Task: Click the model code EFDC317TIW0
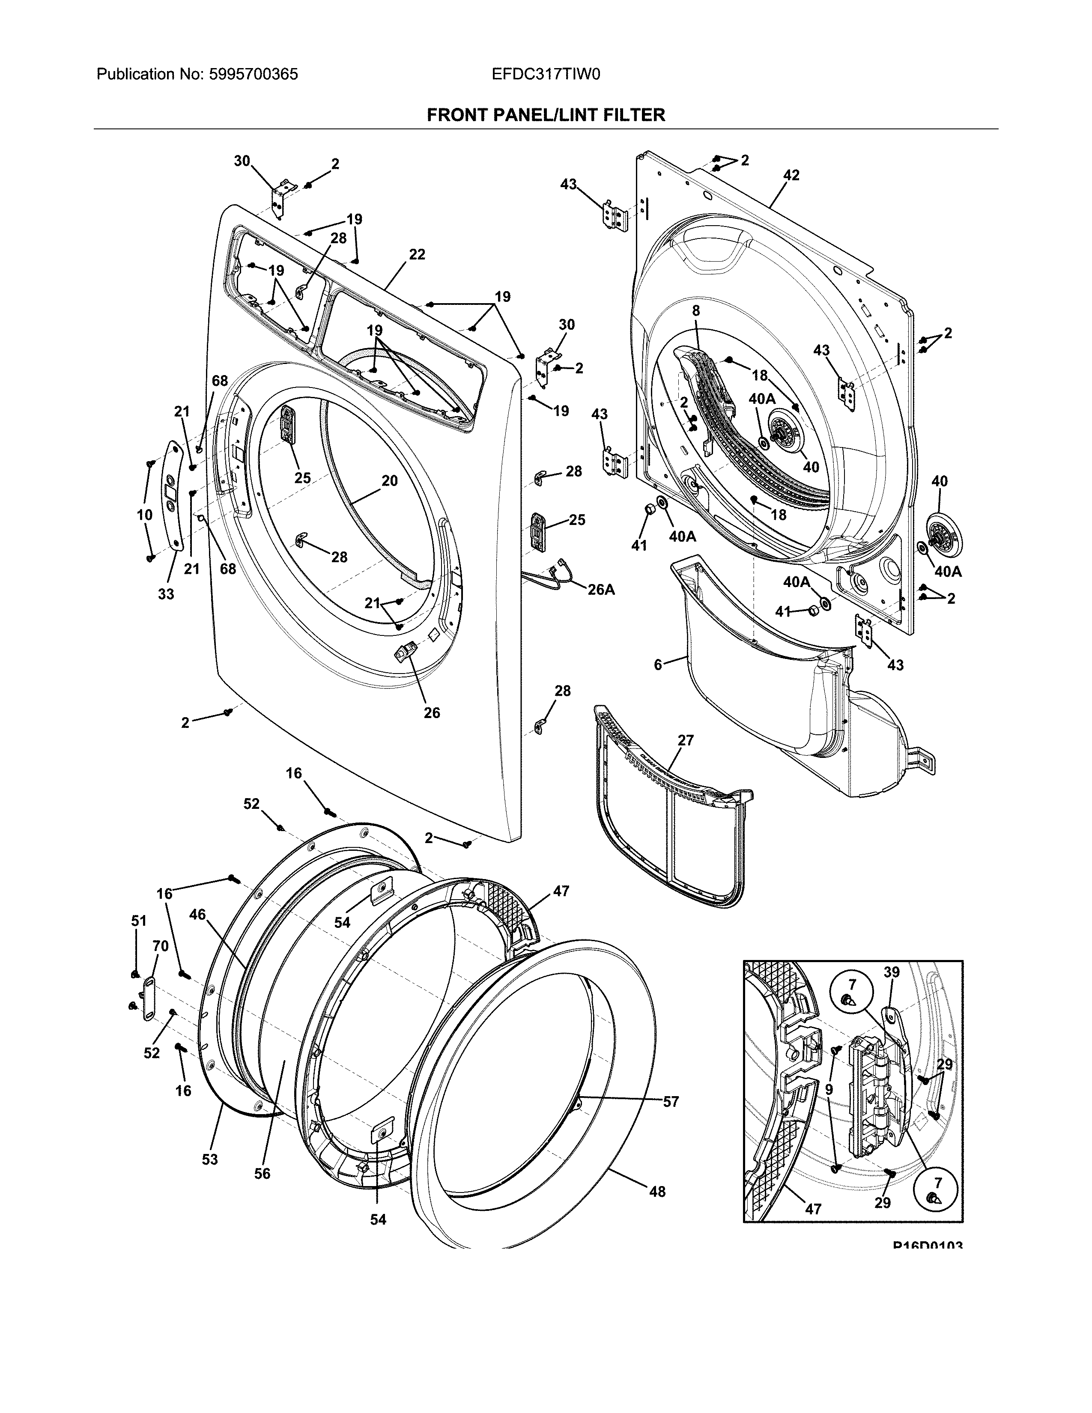(546, 75)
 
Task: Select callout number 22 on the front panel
(417, 255)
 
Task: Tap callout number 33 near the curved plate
(166, 594)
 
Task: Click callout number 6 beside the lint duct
(658, 665)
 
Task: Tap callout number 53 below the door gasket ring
(209, 1160)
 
